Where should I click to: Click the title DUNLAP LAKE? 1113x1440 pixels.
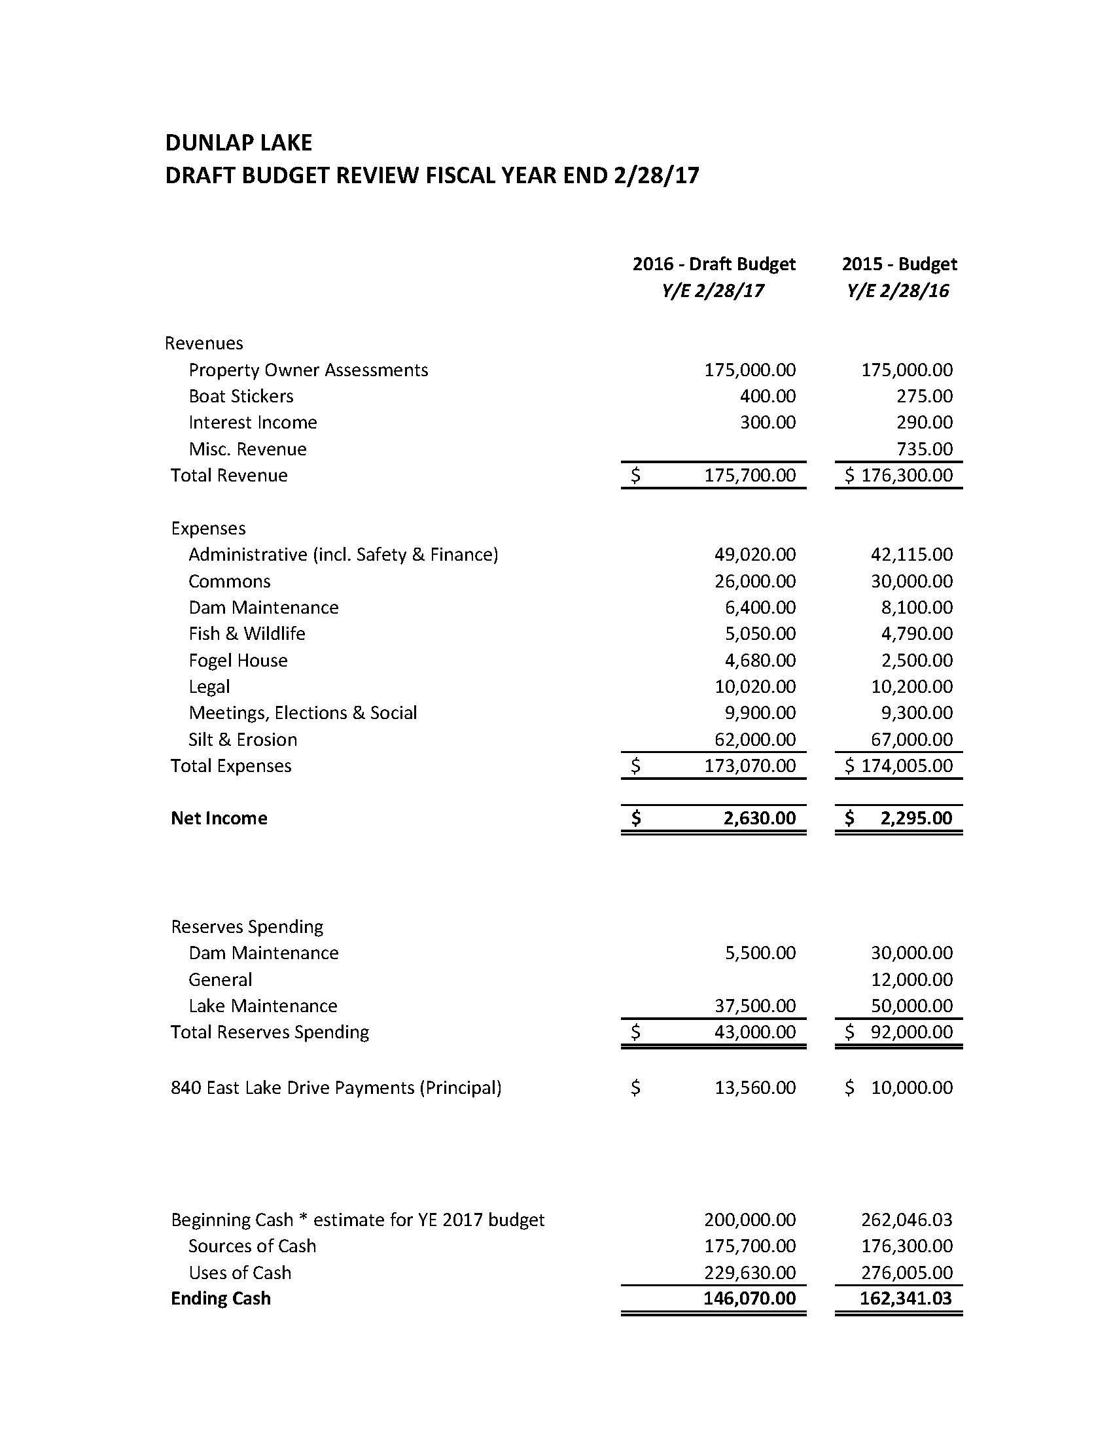238,143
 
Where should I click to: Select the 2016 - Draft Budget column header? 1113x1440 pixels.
713,264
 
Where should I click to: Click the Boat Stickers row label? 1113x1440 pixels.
241,396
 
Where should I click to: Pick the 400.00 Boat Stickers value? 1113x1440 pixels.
768,396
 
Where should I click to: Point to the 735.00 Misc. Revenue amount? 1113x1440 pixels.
925,449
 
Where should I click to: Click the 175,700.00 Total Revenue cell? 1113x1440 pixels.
750,476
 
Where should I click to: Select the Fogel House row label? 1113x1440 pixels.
238,660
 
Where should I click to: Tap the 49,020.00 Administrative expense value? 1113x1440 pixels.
755,555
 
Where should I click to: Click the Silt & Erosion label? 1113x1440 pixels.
243,739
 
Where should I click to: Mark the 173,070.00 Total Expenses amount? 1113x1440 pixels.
750,765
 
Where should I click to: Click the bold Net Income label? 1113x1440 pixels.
219,818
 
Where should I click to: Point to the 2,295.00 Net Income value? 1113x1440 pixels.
917,818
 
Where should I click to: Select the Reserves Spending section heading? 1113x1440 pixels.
247,926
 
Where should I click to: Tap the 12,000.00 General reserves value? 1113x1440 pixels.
912,979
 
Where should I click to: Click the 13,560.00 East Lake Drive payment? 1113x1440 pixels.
755,1087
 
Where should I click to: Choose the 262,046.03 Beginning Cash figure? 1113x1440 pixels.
907,1219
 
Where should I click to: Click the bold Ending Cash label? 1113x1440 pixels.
221,1298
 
